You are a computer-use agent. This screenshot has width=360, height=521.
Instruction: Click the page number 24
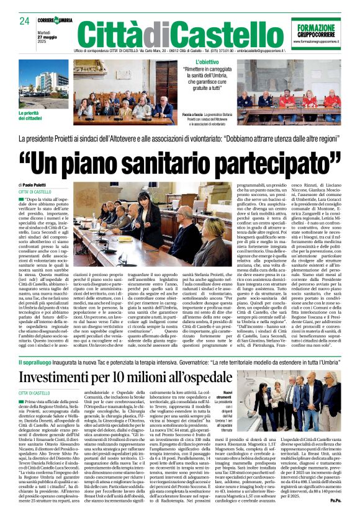24,20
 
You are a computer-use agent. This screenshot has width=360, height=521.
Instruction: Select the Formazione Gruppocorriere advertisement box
320,33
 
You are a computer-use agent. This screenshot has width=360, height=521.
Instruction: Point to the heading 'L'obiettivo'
207,63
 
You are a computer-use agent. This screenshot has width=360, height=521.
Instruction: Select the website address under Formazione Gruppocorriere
320,41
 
